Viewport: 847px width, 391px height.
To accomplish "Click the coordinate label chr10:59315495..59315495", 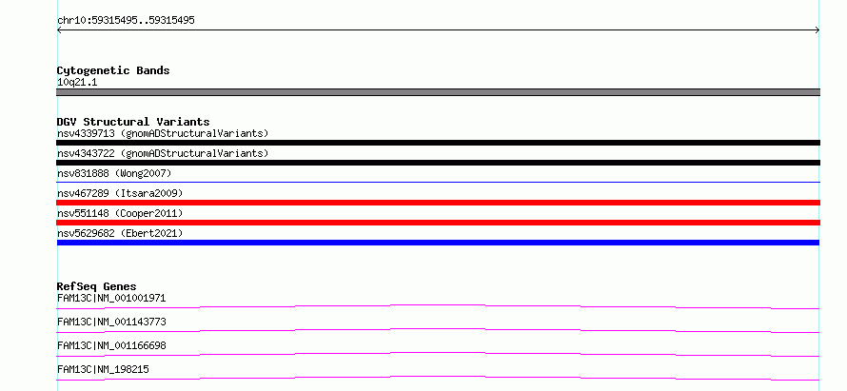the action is (126, 21).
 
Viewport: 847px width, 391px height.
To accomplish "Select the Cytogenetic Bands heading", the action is (113, 70).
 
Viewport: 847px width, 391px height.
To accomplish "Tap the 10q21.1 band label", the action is (77, 83).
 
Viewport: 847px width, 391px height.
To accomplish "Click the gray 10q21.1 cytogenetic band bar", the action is (438, 92).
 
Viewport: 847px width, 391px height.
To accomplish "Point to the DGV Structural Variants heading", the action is (133, 122).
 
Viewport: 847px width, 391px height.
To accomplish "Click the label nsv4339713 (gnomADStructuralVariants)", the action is (163, 133).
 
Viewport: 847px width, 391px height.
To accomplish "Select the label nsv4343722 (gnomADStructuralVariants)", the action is (163, 153).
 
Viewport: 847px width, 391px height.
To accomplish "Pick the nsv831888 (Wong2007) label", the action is (114, 173).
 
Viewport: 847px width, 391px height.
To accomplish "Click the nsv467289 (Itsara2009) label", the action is (120, 193).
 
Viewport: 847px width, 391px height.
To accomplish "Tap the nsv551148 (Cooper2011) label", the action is (120, 213).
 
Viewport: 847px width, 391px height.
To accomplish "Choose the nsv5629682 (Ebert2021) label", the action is (120, 233).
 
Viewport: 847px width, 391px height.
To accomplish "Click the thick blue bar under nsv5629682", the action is (438, 243).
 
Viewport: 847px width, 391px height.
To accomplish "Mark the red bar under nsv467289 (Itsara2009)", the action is (438, 203).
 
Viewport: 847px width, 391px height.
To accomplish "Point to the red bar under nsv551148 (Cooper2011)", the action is (438, 223).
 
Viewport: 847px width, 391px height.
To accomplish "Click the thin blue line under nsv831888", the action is (438, 183).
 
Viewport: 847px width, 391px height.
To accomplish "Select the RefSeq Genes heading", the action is (97, 286).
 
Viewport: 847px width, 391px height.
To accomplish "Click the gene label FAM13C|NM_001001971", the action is (111, 298).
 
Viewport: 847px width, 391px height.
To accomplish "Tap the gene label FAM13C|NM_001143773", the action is (111, 322).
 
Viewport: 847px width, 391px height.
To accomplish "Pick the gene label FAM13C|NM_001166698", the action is (111, 345).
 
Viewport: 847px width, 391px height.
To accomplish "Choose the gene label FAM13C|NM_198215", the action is (103, 369).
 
